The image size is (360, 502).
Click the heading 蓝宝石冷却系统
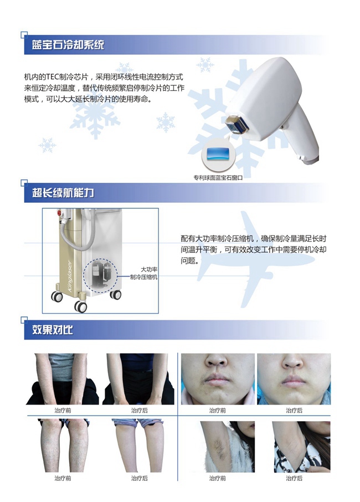click(x=68, y=44)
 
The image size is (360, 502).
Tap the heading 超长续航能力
click(x=63, y=192)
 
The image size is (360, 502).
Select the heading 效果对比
click(x=53, y=330)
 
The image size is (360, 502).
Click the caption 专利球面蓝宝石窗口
click(x=218, y=178)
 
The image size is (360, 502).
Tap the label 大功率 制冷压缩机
click(x=144, y=273)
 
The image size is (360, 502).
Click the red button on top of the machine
click(x=59, y=213)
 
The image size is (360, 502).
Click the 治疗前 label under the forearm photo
click(x=63, y=411)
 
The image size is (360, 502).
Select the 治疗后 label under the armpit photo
click(x=294, y=478)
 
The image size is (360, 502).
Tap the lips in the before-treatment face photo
click(x=217, y=378)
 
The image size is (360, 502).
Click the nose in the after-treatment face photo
click(x=293, y=361)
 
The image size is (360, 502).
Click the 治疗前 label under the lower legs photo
click(x=63, y=478)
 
